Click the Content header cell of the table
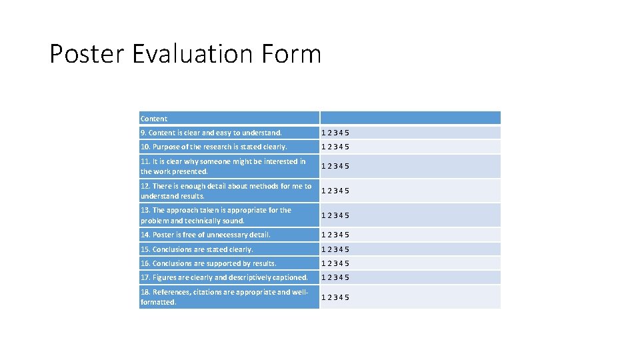[154, 119]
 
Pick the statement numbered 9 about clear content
[211, 133]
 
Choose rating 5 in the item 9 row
[347, 133]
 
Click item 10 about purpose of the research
[214, 147]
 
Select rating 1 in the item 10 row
[324, 147]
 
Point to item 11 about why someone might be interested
[223, 166]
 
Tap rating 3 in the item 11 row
[335, 166]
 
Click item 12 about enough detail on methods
[226, 191]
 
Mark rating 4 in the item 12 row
[341, 191]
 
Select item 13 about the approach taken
[216, 215]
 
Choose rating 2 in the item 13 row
[330, 215]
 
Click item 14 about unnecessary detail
[205, 235]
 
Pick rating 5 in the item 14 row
[347, 235]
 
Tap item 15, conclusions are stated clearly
[197, 249]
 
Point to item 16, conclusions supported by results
[209, 263]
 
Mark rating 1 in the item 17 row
[324, 277]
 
